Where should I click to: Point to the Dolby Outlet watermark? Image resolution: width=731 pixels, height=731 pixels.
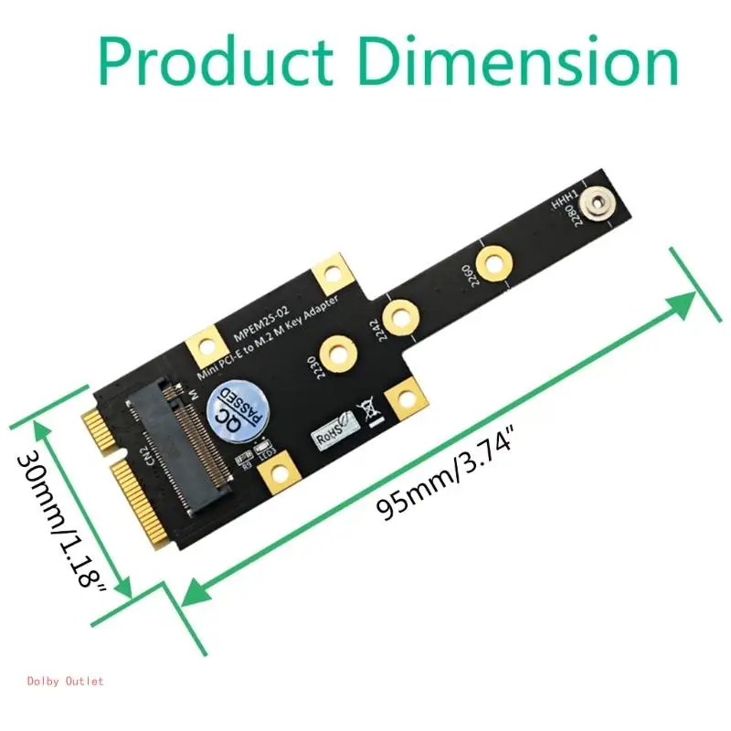(65, 681)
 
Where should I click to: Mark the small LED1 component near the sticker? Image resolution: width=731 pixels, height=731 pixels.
(268, 450)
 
